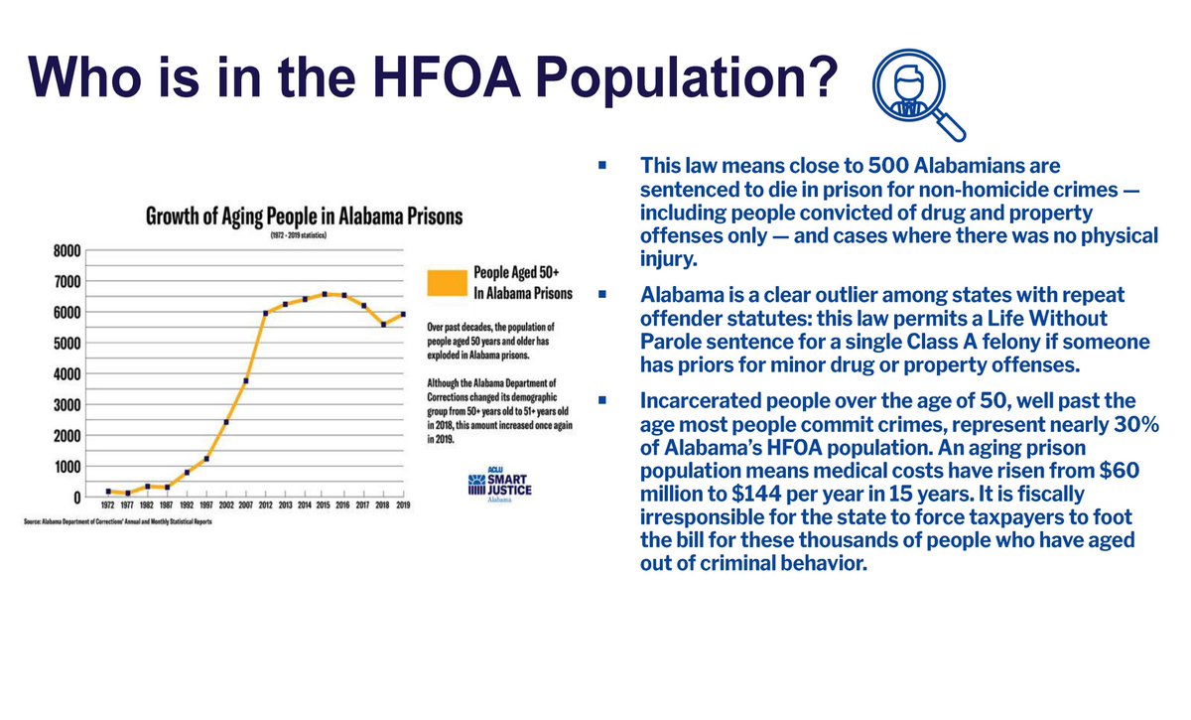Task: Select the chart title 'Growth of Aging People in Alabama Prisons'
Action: pyautogui.click(x=305, y=216)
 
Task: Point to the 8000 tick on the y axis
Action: pyautogui.click(x=66, y=250)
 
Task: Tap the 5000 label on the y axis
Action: pyautogui.click(x=66, y=344)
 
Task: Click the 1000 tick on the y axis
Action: pyautogui.click(x=66, y=466)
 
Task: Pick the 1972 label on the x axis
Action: pyautogui.click(x=107, y=507)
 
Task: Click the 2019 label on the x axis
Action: pyautogui.click(x=403, y=507)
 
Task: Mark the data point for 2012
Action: pyautogui.click(x=265, y=313)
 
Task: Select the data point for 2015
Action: pyautogui.click(x=324, y=295)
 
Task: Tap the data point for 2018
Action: pyautogui.click(x=383, y=324)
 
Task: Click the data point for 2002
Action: pyautogui.click(x=225, y=422)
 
